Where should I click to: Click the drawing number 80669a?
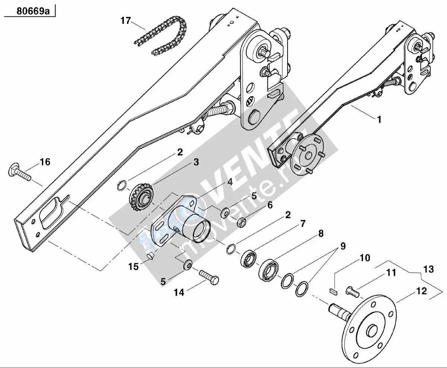33,11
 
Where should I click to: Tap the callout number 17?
126,21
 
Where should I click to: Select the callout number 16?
45,162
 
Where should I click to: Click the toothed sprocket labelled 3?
142,200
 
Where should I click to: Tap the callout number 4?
230,182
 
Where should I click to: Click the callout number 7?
303,224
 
